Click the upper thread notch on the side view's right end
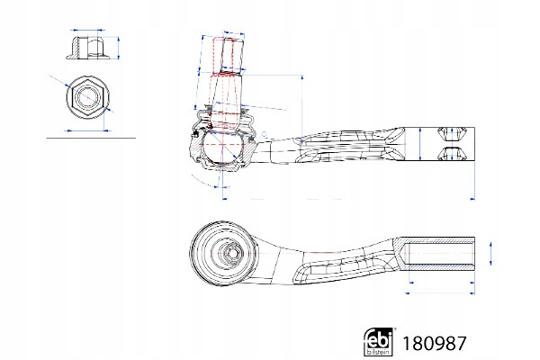(452, 134)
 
